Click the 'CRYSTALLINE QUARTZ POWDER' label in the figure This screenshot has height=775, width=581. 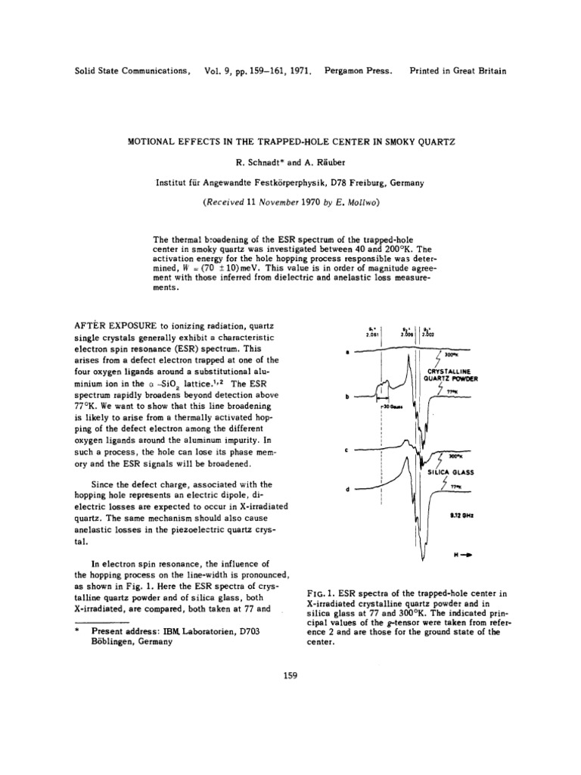(451, 375)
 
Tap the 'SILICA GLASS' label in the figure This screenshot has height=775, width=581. (452, 472)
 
